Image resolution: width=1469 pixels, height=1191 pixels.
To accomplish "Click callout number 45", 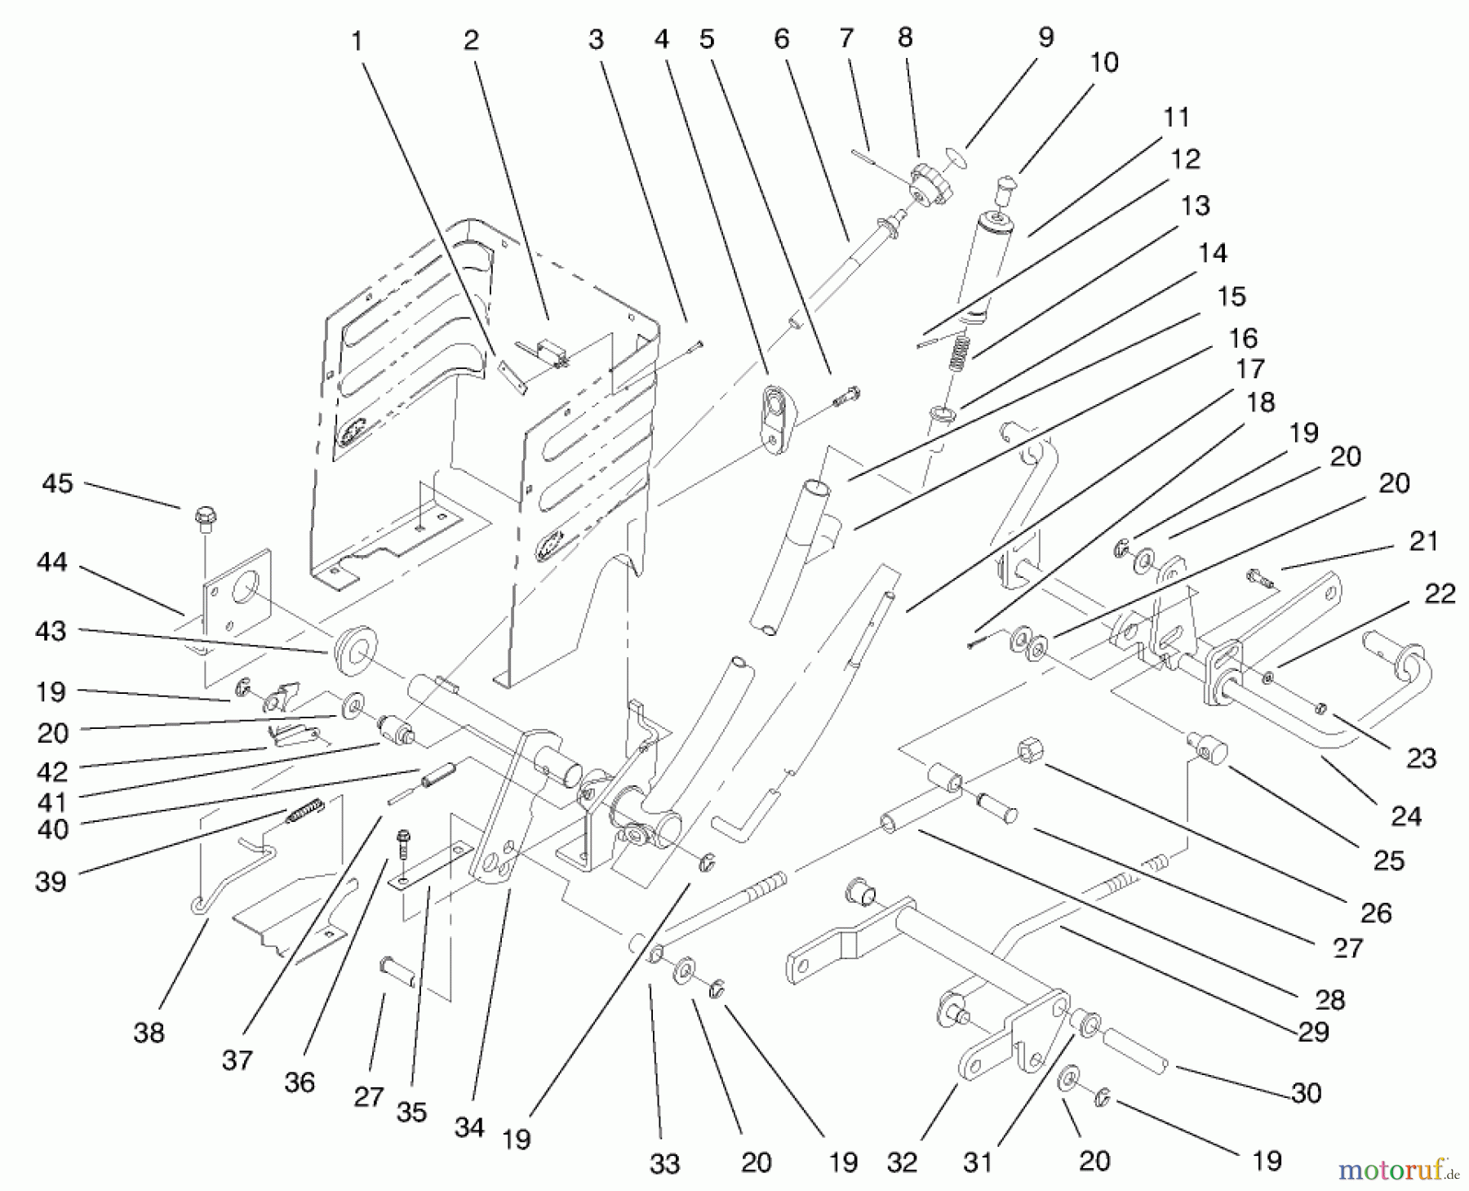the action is (x=57, y=483).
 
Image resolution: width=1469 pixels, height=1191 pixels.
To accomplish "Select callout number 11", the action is (x=1176, y=118).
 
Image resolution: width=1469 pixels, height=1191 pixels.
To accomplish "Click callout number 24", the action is (x=1405, y=815).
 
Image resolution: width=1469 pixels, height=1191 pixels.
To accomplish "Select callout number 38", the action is (x=149, y=1033).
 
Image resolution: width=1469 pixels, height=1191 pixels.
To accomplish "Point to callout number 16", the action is (x=1243, y=338).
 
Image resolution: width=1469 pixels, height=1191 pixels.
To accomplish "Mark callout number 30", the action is (x=1307, y=1093).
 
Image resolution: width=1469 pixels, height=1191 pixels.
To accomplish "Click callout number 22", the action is (x=1439, y=594).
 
